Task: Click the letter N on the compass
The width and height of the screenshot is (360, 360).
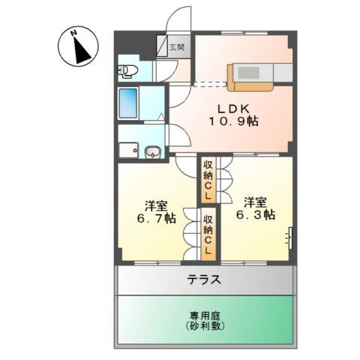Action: click(x=73, y=33)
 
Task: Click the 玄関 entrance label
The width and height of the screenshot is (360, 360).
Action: click(x=177, y=47)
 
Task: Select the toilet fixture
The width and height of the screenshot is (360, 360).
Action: click(x=127, y=70)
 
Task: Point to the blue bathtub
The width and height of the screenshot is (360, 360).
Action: click(x=128, y=103)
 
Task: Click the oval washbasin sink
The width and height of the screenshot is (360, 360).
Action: click(x=153, y=151)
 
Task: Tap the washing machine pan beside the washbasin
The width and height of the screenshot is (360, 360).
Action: click(x=128, y=150)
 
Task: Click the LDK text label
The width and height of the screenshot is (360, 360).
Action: click(x=233, y=109)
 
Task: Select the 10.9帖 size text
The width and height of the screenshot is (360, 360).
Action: click(x=233, y=121)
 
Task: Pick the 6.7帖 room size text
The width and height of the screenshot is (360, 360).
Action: click(x=156, y=218)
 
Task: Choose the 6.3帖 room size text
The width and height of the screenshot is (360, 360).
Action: click(x=256, y=214)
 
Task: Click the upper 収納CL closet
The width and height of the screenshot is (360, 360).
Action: click(x=208, y=180)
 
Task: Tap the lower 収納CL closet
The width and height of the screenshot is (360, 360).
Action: click(x=208, y=235)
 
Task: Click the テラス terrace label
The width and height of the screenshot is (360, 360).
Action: click(x=205, y=279)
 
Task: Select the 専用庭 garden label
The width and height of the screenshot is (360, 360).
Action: click(x=205, y=316)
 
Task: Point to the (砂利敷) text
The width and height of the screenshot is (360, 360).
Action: click(x=205, y=326)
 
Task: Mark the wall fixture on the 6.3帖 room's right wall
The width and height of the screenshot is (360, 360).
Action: click(x=290, y=238)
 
